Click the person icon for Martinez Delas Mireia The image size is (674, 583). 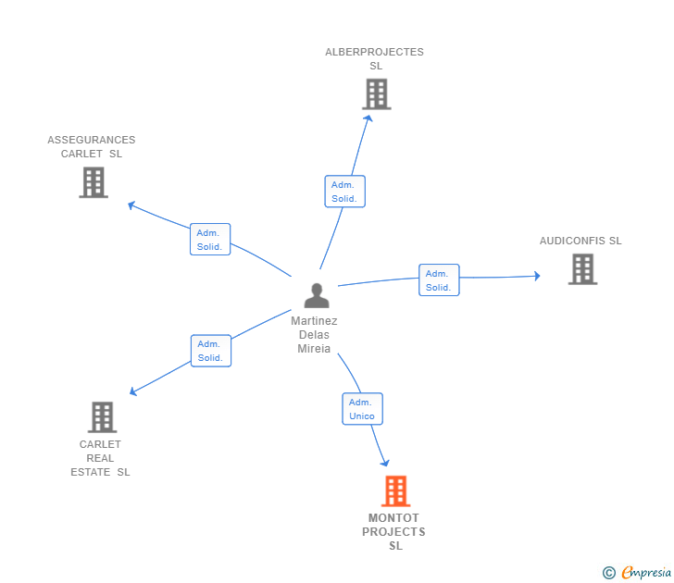tap(317, 296)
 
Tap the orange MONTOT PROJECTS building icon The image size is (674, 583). tap(395, 491)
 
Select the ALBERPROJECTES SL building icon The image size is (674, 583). tap(376, 94)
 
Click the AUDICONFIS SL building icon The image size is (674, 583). tap(582, 269)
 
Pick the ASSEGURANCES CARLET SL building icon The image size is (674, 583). tap(94, 182)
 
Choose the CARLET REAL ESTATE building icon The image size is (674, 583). tap(102, 417)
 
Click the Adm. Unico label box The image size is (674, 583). tap(362, 409)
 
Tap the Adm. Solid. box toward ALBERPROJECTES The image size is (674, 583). tap(344, 192)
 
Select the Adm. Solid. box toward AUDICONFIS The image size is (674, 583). tap(439, 280)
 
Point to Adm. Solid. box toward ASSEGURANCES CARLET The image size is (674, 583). tap(210, 240)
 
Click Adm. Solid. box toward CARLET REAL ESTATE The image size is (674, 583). tap(210, 351)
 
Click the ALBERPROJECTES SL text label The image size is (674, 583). tap(374, 58)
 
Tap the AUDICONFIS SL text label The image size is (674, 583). tap(580, 241)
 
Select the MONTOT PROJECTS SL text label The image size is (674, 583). tap(394, 532)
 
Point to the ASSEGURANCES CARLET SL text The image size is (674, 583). tap(92, 147)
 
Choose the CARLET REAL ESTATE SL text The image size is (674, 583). tap(100, 458)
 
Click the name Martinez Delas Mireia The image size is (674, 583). tap(314, 335)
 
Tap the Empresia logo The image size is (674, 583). tap(639, 573)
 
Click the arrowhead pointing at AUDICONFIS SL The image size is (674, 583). tap(536, 276)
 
